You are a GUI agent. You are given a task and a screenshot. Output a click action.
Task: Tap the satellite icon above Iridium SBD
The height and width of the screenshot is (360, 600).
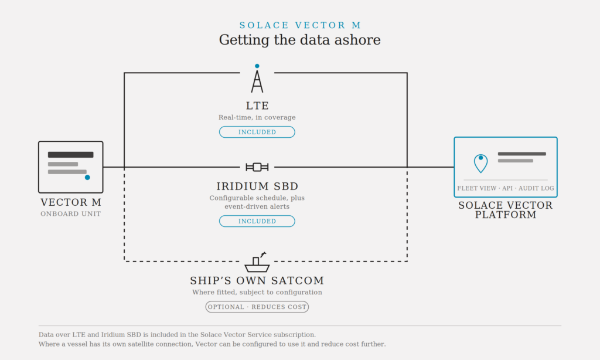(x=257, y=167)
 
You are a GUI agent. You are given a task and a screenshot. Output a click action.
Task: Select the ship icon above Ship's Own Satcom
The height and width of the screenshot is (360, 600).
(x=257, y=262)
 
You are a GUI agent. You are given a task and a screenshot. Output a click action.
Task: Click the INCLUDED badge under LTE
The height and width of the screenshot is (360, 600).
(x=257, y=132)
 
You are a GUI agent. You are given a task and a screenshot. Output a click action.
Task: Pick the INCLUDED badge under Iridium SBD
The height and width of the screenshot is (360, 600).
(x=257, y=222)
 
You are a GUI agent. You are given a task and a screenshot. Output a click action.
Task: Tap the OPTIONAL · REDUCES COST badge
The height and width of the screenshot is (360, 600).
(x=257, y=307)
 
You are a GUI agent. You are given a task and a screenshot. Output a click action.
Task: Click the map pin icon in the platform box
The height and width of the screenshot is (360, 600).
(x=480, y=164)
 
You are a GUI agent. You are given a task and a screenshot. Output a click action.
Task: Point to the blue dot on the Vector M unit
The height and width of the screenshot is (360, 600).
(x=87, y=177)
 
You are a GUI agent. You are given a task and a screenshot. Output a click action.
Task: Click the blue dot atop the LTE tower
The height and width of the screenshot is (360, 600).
(x=257, y=66)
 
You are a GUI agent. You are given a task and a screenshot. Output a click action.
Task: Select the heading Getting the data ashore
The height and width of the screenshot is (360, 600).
(x=299, y=40)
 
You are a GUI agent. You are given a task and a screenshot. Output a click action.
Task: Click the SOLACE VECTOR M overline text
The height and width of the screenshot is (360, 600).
(x=300, y=25)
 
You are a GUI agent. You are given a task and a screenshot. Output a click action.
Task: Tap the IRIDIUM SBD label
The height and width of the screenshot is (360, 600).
(x=257, y=186)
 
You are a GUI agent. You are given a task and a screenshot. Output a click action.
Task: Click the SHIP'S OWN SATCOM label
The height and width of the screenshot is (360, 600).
(x=257, y=281)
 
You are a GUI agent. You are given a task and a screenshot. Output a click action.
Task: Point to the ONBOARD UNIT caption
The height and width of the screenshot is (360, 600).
(x=71, y=213)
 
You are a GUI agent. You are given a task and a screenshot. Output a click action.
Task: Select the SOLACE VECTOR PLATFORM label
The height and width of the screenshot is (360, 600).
(x=506, y=210)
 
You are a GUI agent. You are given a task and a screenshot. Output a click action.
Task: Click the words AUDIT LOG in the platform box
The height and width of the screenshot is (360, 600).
(x=536, y=188)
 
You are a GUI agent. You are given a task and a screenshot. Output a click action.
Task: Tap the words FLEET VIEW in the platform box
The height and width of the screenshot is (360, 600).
(x=476, y=188)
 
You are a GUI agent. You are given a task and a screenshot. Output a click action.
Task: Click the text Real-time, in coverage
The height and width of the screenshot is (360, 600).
(x=257, y=117)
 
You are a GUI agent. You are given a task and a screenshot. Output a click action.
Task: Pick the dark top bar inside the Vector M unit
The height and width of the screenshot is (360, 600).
(x=70, y=155)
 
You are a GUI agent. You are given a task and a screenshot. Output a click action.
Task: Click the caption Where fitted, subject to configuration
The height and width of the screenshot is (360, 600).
(x=257, y=292)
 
